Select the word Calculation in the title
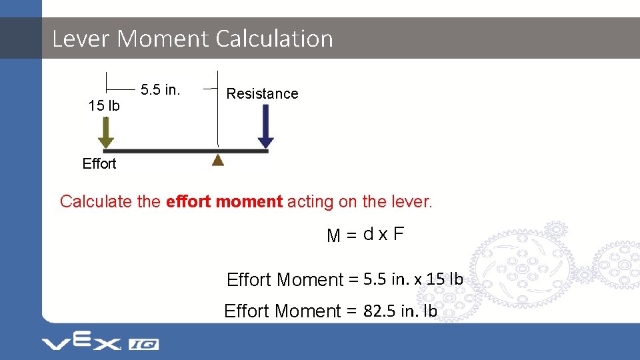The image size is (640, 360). [x=274, y=39]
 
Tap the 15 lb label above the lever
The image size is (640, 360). [x=104, y=106]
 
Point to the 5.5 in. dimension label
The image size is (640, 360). [x=161, y=90]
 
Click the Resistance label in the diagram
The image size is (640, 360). [x=262, y=94]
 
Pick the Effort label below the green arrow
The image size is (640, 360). [x=99, y=164]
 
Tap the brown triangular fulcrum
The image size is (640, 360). [x=218, y=159]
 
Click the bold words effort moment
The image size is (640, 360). [x=225, y=201]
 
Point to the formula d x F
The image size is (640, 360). [x=383, y=234]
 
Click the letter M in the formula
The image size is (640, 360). [x=333, y=235]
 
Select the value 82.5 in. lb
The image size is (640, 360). [x=400, y=311]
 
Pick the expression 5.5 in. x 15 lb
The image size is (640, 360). [x=413, y=279]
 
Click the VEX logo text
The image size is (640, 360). [x=81, y=343]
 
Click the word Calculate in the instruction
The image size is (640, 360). [x=97, y=201]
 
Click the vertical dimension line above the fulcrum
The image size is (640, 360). [x=217, y=110]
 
